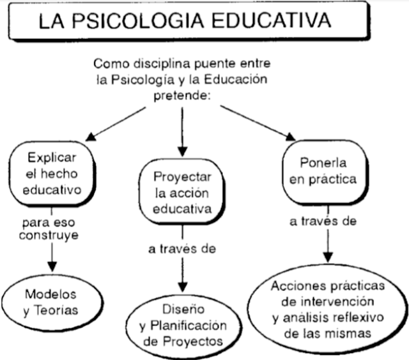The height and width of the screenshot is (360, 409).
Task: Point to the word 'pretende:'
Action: [x=182, y=96]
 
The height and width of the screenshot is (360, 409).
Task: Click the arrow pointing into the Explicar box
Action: [x=91, y=136]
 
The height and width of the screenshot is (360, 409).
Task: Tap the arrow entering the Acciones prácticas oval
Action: [x=327, y=255]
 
